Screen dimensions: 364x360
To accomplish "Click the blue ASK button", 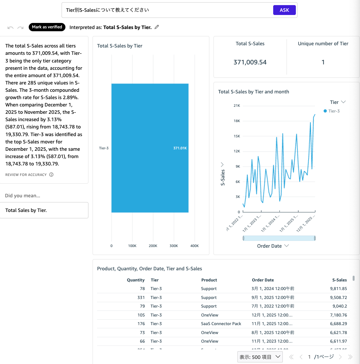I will pos(284,10).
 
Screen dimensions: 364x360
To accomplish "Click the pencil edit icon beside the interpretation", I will pos(157,27).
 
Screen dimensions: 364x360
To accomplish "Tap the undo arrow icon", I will pos(11,28).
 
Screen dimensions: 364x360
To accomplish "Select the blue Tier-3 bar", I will pos(150,148).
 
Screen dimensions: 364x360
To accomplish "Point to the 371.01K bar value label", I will pos(180,148).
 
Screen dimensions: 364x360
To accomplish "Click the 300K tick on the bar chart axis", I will pos(174,246).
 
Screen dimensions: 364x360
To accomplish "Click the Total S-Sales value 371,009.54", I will pos(250,62).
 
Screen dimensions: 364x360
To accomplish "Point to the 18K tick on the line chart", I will pos(237,121).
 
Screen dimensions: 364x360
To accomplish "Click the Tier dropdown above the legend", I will pos(338,102).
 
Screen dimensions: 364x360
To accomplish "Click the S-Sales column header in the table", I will pos(339,280).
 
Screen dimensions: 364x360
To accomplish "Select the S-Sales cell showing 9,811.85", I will pos(338,288).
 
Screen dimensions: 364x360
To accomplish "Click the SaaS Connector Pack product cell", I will pos(221,324).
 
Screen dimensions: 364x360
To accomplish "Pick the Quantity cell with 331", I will pos(141,297).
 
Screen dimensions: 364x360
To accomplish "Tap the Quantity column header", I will pos(136,280).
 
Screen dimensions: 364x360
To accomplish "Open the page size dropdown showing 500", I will pos(260,357).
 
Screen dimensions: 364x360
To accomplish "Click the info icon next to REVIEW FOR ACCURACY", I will pos(51,175).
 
